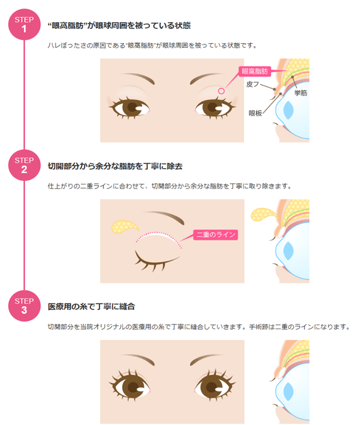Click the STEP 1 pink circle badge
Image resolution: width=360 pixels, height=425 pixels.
click(x=24, y=25)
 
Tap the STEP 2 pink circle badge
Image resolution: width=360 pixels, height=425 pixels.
click(x=24, y=165)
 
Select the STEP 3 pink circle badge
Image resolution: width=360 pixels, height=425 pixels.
click(x=24, y=306)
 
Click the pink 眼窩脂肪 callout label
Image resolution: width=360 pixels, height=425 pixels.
click(x=255, y=71)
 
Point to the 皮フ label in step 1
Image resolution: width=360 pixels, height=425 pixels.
click(x=253, y=84)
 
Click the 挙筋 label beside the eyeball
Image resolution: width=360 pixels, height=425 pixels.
click(x=301, y=93)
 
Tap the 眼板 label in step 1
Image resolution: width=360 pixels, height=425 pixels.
click(x=255, y=113)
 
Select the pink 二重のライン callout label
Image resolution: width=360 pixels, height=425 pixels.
click(x=216, y=235)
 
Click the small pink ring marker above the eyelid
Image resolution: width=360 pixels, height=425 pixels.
click(x=222, y=91)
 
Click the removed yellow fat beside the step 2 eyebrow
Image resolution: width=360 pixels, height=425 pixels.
click(x=123, y=227)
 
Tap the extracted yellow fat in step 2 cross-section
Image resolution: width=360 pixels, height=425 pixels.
click(x=262, y=214)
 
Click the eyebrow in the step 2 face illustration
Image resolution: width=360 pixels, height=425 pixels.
click(x=165, y=216)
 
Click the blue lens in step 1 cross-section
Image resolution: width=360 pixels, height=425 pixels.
click(x=288, y=110)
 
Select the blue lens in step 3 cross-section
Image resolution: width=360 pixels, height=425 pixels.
click(x=288, y=391)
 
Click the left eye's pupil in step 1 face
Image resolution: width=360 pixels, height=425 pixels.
click(x=132, y=107)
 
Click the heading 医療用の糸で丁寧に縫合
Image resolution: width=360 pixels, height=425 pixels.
click(x=92, y=306)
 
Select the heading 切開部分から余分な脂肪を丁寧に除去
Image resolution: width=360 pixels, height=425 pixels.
click(x=115, y=166)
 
